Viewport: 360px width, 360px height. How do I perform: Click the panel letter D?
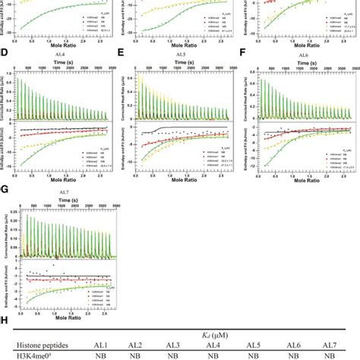click(5, 53)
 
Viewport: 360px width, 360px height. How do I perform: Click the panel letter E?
click(122, 53)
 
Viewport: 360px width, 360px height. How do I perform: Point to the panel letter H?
click(6, 320)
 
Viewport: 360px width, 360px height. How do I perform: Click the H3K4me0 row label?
click(36, 353)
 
